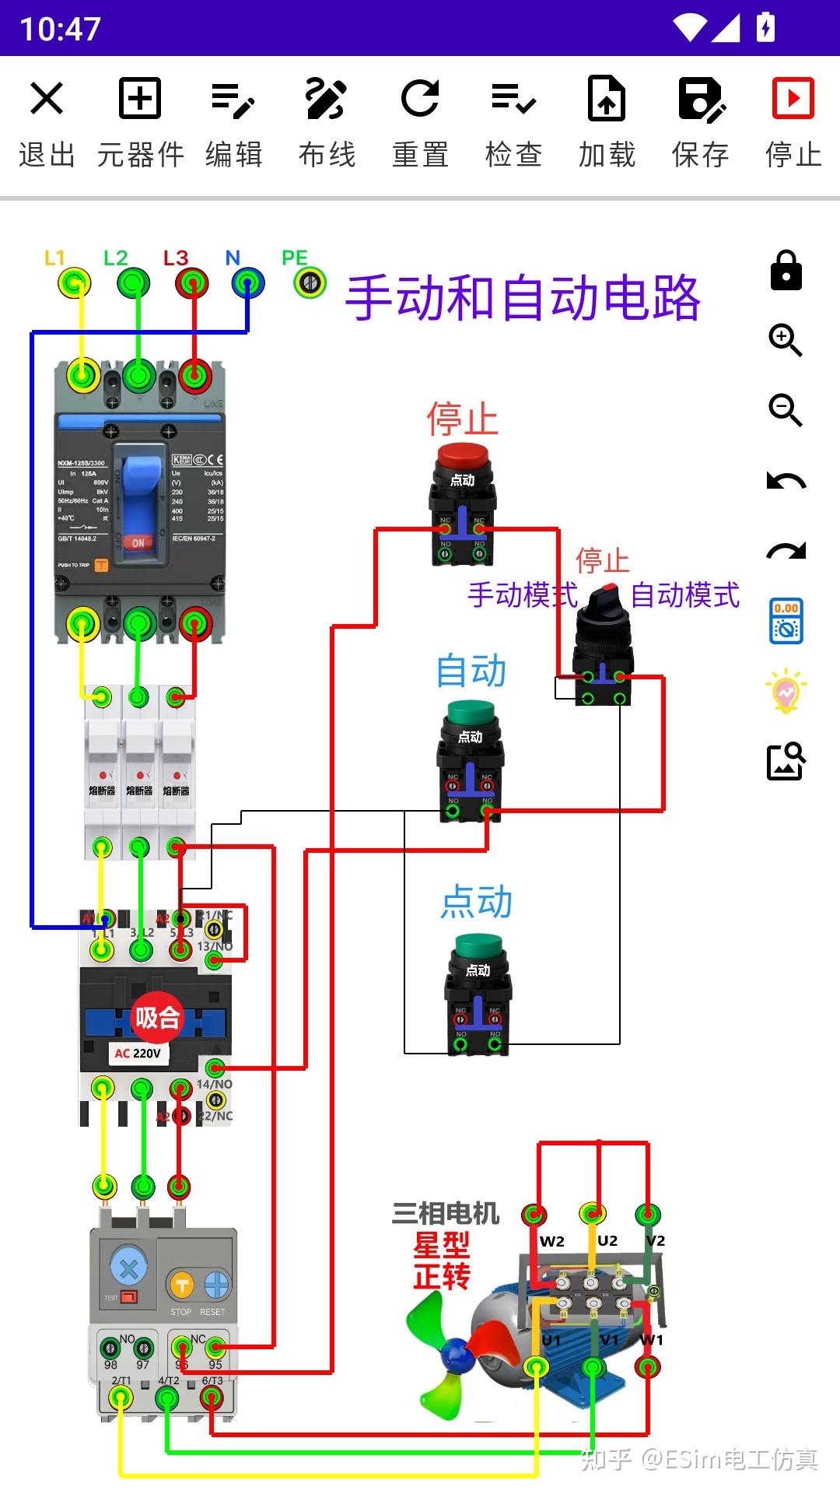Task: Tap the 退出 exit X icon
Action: [x=47, y=99]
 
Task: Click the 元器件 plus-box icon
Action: [x=140, y=99]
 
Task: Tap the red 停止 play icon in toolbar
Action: [x=793, y=99]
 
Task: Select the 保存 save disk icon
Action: [x=700, y=99]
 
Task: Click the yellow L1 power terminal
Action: [x=75, y=282]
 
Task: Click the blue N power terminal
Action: [x=248, y=282]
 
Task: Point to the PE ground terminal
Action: [x=310, y=282]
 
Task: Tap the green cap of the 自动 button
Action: [x=471, y=712]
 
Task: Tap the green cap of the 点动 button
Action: [x=479, y=945]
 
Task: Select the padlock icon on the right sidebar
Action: [x=786, y=270]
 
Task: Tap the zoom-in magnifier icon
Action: [x=786, y=340]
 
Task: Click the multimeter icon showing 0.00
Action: [x=786, y=620]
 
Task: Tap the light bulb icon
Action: [x=786, y=690]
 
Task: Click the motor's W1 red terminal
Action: [x=647, y=1366]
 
